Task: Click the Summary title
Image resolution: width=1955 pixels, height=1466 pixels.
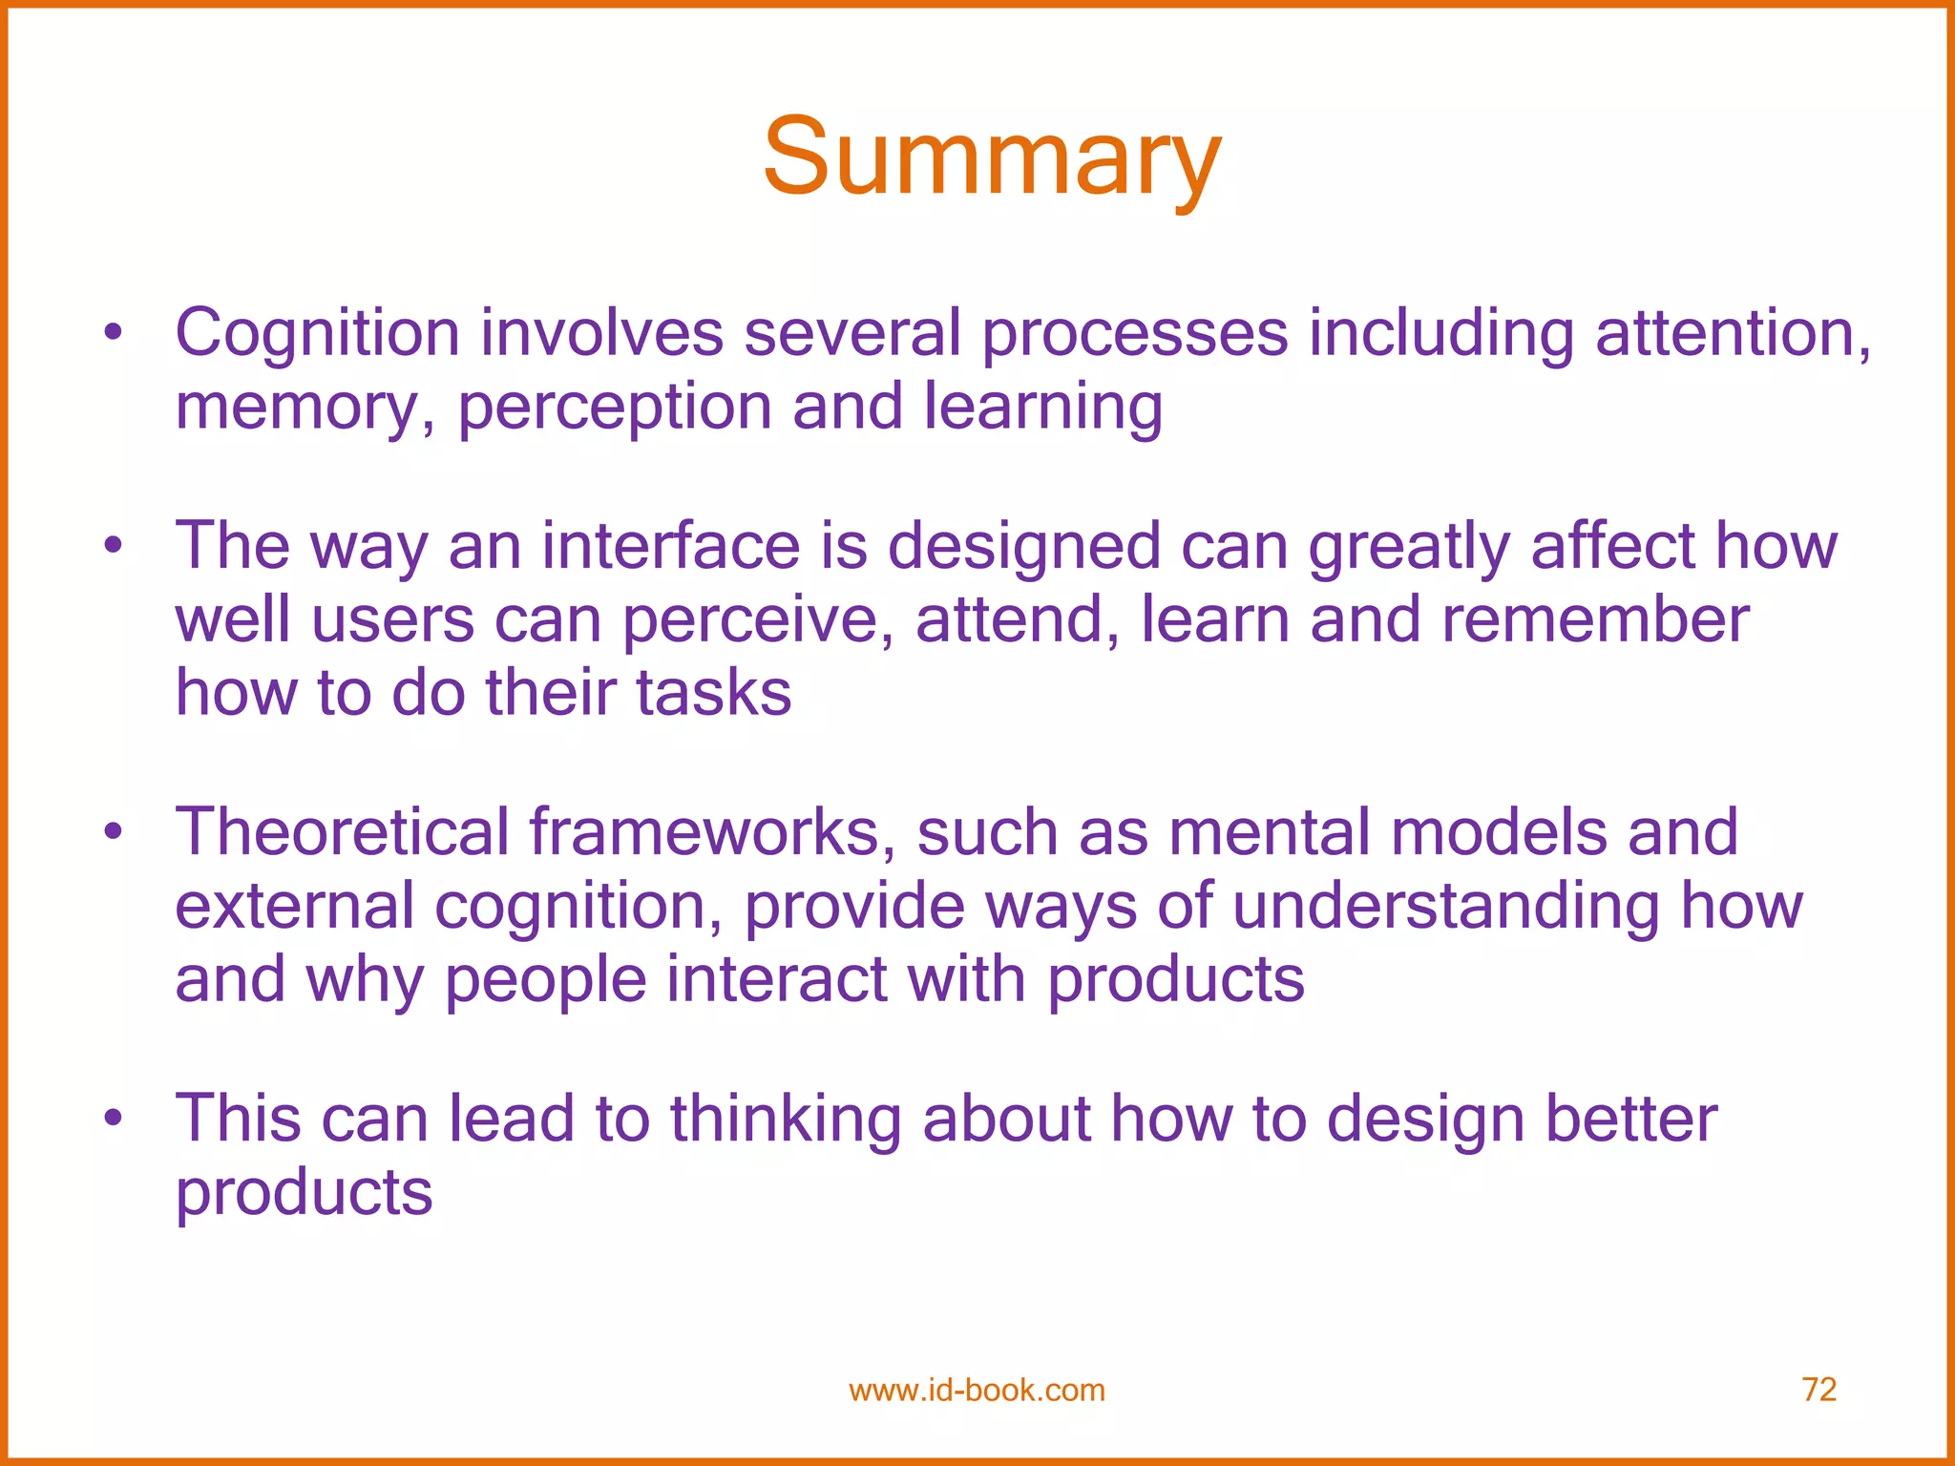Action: (992, 157)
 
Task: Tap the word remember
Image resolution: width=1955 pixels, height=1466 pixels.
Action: (1595, 620)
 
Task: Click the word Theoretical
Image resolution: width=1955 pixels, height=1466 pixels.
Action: (342, 832)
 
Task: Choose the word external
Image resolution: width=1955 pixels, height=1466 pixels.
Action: (295, 906)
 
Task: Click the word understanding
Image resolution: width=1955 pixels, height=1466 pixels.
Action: (1446, 906)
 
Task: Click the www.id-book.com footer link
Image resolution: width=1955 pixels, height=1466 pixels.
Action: (977, 1391)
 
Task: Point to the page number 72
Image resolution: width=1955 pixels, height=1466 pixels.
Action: (1818, 1390)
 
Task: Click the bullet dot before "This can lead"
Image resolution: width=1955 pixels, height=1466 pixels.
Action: (114, 1118)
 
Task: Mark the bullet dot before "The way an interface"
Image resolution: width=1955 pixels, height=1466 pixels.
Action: (114, 546)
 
